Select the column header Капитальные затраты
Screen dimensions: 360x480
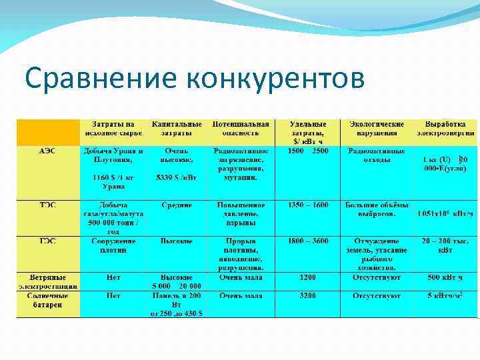click(x=177, y=129)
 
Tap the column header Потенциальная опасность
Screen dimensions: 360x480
click(x=241, y=129)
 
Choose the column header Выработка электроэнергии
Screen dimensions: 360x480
click(x=445, y=129)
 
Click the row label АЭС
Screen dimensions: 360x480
click(x=47, y=151)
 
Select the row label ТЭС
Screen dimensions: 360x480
click(x=47, y=205)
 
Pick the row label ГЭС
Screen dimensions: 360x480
click(x=47, y=241)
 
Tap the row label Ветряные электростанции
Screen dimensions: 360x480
click(x=47, y=281)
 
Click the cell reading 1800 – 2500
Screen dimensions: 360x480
click(x=308, y=151)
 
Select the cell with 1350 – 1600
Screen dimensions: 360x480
click(x=308, y=205)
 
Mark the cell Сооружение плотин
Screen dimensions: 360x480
click(x=113, y=245)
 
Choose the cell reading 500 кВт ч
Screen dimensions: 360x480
click(x=445, y=277)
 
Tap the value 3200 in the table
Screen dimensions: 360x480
click(x=308, y=295)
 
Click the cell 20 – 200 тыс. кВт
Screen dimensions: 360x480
click(x=445, y=245)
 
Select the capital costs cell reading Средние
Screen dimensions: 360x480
click(x=177, y=205)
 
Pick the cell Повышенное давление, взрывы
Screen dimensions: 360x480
click(x=241, y=213)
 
